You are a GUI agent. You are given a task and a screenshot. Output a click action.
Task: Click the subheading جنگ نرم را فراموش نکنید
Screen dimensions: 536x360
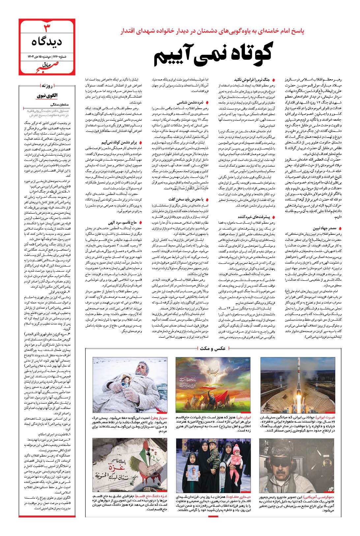pos(254,80)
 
